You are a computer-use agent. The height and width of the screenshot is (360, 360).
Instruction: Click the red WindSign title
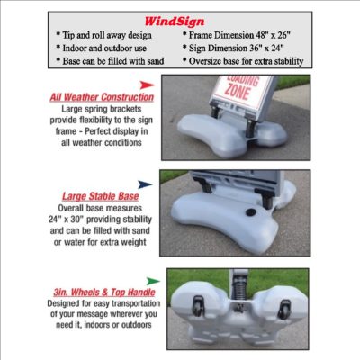175,22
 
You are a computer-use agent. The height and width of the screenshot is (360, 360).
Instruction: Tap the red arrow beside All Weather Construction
147,85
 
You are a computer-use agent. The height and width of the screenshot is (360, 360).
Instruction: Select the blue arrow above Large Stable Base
145,184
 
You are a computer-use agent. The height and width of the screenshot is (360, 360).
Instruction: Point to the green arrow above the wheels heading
153,281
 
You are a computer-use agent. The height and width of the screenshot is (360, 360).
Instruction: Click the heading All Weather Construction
102,97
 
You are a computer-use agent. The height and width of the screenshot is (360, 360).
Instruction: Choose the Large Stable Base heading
100,196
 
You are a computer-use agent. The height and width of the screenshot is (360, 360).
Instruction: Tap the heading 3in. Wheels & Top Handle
104,292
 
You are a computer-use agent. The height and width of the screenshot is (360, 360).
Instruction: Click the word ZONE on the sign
238,92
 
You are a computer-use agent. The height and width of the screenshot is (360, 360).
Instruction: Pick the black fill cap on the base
251,212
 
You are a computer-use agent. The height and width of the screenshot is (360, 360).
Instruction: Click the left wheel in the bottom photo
198,305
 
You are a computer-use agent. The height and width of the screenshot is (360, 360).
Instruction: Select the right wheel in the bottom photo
283,309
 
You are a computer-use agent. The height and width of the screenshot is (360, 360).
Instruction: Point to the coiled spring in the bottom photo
239,290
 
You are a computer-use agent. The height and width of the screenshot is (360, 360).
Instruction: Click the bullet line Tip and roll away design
103,35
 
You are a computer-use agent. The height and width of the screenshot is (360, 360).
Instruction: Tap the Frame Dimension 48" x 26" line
237,35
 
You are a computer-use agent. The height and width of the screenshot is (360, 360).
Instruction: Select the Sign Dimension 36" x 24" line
233,48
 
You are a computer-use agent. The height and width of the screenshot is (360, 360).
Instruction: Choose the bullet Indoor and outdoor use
102,48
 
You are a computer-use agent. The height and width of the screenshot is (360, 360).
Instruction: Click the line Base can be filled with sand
110,61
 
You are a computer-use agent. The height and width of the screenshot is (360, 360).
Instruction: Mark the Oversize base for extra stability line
243,61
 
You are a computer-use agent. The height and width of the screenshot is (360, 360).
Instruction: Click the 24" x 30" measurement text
66,220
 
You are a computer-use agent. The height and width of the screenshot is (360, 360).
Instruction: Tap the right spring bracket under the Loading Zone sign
250,129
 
